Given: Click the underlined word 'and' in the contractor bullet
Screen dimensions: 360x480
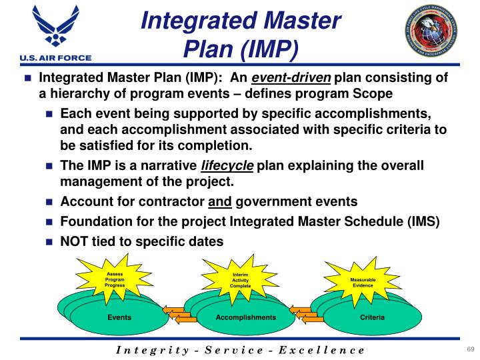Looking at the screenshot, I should tap(219, 202).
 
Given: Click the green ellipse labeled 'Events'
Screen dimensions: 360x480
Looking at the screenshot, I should tap(119, 317).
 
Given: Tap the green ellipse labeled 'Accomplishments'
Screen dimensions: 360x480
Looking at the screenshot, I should tap(245, 317).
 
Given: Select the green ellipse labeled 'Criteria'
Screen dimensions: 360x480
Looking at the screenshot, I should tap(372, 317).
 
